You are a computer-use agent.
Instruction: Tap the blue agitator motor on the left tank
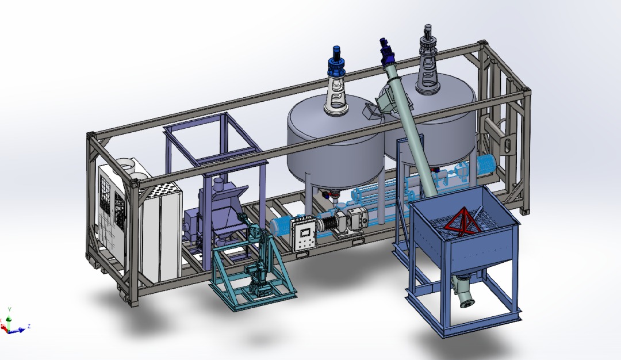coord(336,62)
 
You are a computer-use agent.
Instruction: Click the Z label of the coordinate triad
coord(29,326)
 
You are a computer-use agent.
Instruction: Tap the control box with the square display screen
coord(304,234)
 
